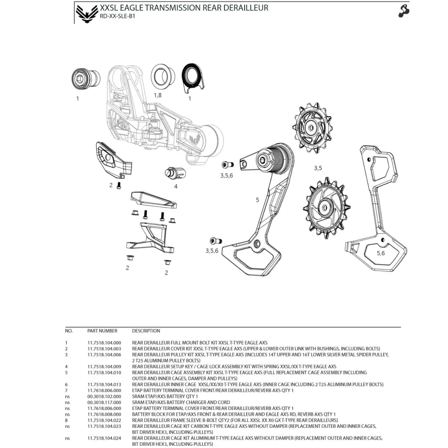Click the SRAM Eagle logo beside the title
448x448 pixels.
86,13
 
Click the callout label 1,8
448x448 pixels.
158,95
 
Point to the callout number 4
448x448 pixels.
175,186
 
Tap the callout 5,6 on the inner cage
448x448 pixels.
380,253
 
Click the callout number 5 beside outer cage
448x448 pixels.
257,200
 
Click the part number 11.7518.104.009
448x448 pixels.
104,366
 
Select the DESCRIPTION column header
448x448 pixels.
146,331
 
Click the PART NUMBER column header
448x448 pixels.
102,331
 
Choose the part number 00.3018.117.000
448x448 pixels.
104,402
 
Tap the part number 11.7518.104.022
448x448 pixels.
104,420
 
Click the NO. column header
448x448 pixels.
69,331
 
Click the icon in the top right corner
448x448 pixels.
404,11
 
